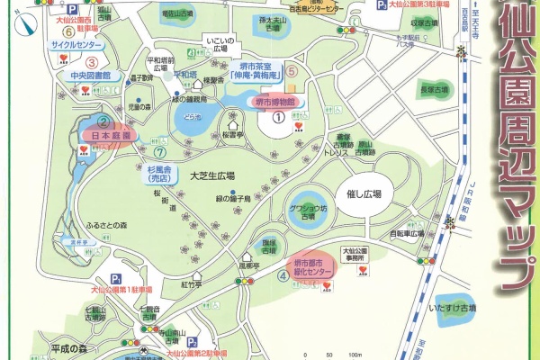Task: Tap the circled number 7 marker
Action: tap(158, 139)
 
